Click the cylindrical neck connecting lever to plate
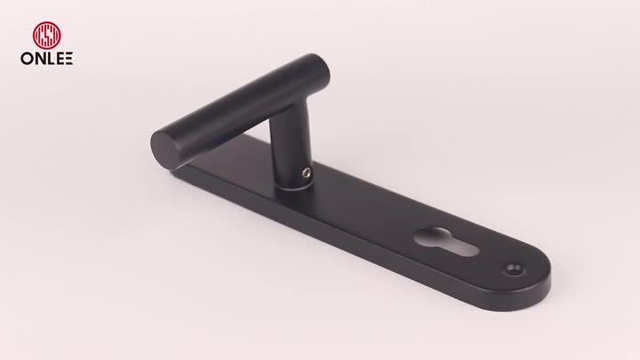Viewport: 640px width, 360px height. (x=289, y=151)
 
